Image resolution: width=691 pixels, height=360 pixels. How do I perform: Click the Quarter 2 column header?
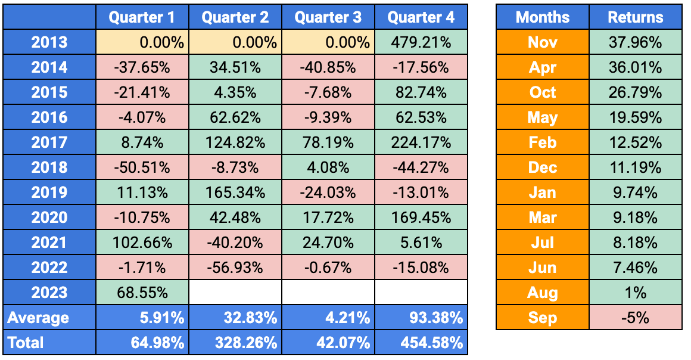235,17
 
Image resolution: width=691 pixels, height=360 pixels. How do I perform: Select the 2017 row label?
49,142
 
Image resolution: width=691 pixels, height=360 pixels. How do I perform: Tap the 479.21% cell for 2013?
421,42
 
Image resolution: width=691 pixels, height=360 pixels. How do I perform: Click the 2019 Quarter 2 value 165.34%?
235,193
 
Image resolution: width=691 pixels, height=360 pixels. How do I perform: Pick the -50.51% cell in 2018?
142,167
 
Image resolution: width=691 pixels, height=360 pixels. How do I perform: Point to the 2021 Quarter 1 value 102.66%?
142,243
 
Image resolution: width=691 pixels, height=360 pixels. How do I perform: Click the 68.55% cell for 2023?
142,293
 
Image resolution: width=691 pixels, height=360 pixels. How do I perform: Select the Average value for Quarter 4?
421,318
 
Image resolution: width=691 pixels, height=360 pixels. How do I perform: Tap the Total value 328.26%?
235,343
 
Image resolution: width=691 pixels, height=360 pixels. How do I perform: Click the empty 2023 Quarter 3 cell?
328,293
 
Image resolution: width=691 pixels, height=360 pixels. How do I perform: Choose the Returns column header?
636,17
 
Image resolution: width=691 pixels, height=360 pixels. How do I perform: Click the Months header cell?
542,17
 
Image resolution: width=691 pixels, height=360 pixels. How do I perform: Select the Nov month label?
542,42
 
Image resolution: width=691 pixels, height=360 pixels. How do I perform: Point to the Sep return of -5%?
636,318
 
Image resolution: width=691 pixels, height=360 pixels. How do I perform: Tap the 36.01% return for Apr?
636,67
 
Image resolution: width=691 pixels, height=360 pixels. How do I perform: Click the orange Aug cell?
542,293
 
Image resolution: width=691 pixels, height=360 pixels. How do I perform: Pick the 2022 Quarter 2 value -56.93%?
235,268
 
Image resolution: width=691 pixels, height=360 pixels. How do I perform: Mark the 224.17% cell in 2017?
421,142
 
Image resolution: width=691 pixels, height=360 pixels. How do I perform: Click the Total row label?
49,343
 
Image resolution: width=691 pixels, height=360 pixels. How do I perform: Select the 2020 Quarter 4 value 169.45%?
421,218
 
